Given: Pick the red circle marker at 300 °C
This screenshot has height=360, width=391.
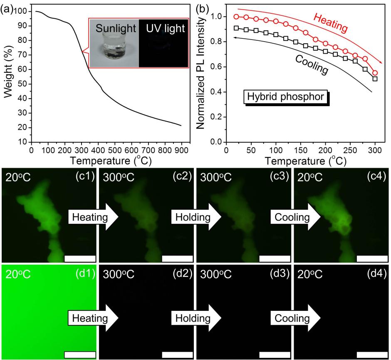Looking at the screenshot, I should coord(375,73).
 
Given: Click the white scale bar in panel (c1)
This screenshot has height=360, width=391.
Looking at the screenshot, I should coord(80,258).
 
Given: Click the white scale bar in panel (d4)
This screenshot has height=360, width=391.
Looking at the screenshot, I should coord(372,355).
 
